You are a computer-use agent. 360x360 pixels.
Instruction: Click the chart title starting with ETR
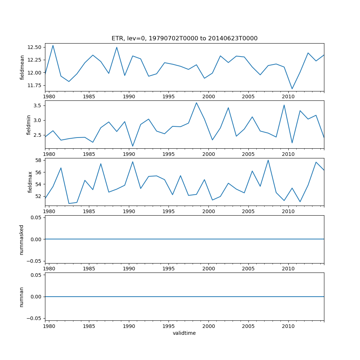(x=184, y=39)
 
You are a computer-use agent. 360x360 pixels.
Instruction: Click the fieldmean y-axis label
(x=22, y=67)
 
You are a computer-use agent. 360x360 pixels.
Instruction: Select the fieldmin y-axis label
(x=29, y=125)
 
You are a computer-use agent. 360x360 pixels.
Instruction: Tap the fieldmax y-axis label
(x=30, y=182)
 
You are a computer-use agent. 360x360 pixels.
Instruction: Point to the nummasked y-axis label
(x=22, y=239)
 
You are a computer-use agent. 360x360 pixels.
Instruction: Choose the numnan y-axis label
(x=22, y=297)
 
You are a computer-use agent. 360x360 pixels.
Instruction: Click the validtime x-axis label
(x=184, y=333)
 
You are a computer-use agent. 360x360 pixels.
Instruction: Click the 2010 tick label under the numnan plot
(x=288, y=326)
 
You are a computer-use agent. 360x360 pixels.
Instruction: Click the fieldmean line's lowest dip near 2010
(x=292, y=89)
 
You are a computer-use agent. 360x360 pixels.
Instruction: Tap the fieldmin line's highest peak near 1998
(x=196, y=103)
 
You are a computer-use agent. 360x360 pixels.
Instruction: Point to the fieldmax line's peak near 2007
(x=268, y=160)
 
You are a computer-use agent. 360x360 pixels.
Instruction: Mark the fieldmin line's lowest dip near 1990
(x=132, y=146)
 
